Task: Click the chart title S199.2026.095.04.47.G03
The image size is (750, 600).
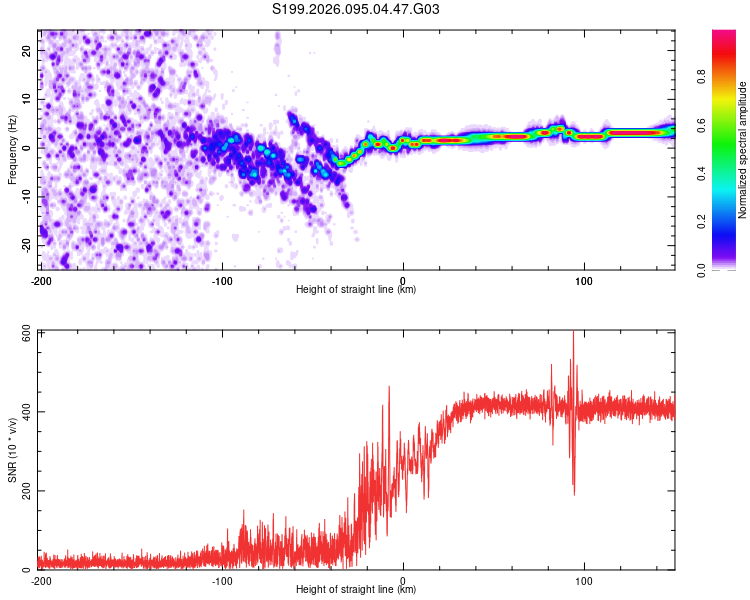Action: pos(357,10)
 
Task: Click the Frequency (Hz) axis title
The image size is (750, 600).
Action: pos(13,150)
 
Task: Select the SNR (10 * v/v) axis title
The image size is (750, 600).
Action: pos(13,450)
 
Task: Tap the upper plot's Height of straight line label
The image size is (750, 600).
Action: pos(356,289)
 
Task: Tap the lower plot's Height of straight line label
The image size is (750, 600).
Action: pos(356,589)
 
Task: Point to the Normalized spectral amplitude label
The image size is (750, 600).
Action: pos(742,150)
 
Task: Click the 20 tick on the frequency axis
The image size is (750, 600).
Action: pos(27,50)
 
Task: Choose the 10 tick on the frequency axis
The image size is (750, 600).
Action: pos(27,99)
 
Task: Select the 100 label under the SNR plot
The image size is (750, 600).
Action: pos(584,580)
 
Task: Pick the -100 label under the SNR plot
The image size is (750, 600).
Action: pos(222,580)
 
